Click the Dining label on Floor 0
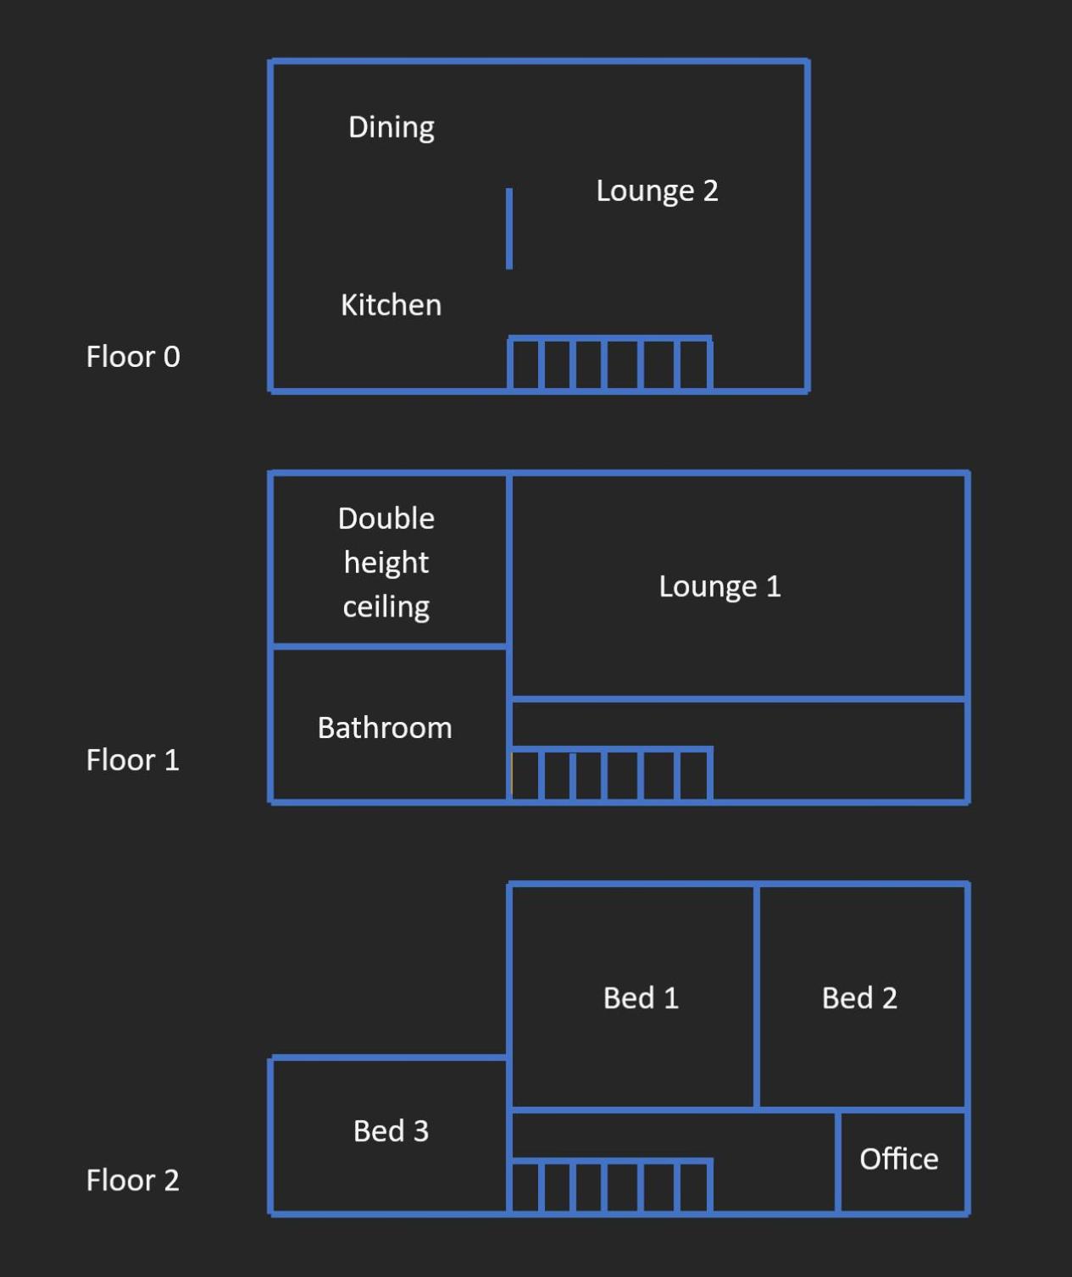coord(392,128)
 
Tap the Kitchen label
coord(392,304)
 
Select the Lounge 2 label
coord(657,191)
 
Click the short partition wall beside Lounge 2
coord(509,229)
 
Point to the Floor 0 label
coord(133,357)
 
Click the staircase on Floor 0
coord(610,364)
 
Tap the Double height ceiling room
coord(390,559)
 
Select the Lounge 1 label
coord(719,586)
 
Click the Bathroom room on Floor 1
coord(390,725)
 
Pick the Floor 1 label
coord(133,760)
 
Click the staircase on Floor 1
coord(610,775)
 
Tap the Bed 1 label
coord(641,998)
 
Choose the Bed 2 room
coord(862,997)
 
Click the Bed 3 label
coord(392,1131)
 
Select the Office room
coord(903,1161)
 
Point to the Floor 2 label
coord(133,1180)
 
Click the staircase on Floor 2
coord(610,1185)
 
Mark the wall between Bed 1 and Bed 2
coord(757,997)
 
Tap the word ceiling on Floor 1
coord(386,608)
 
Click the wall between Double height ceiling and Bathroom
coord(390,646)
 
